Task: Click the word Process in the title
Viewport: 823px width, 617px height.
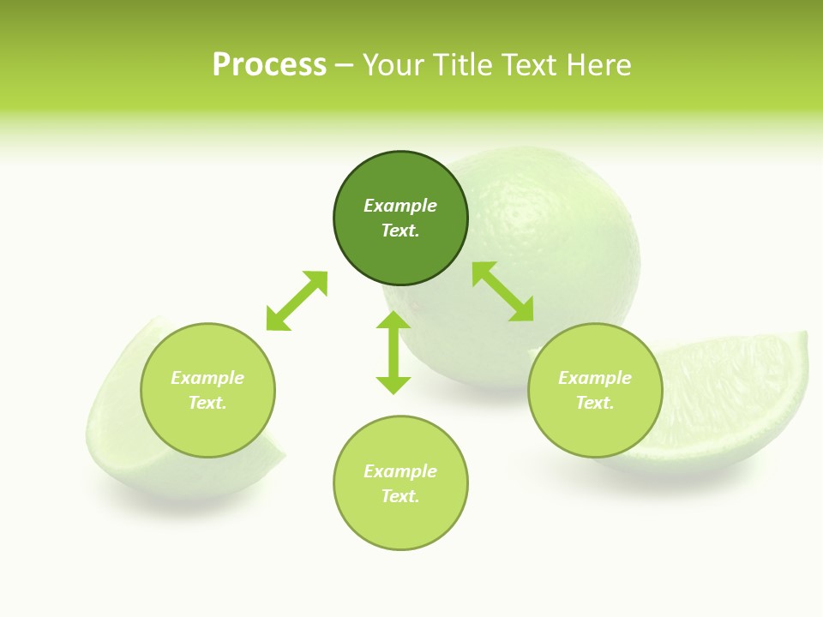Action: coord(269,65)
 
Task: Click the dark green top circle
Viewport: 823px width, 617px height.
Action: coord(400,180)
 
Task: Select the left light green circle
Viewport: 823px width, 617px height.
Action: coord(207,428)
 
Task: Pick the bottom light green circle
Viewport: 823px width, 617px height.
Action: coord(400,523)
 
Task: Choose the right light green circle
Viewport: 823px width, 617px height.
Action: coord(595,428)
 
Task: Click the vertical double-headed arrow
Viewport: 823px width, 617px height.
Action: coord(393,352)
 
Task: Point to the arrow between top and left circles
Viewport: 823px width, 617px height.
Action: coord(297,301)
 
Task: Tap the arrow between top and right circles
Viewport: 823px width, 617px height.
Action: coord(503,291)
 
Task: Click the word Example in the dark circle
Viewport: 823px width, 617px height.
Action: coord(400,206)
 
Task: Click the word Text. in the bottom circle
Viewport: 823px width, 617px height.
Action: coord(400,496)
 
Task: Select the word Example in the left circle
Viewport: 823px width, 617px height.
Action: coord(207,378)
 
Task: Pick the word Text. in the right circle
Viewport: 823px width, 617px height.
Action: coord(595,403)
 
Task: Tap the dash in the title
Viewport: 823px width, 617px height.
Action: coord(345,65)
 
